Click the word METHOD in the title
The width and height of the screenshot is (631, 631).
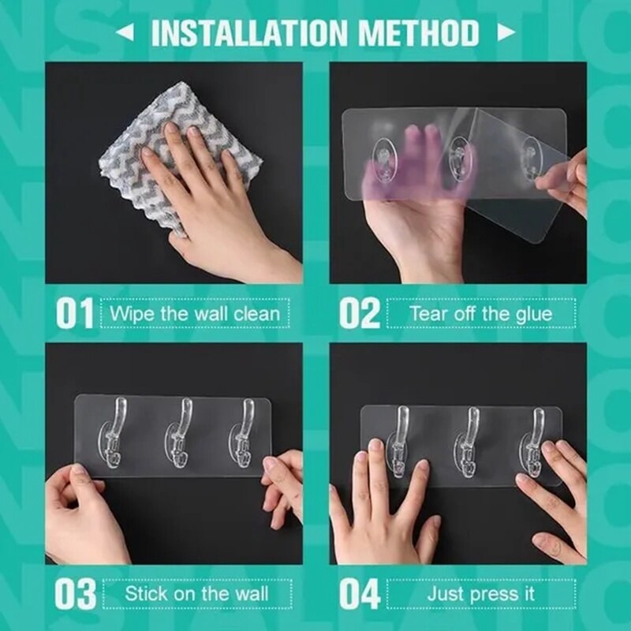click(420, 33)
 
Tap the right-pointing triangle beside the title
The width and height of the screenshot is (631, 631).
click(506, 33)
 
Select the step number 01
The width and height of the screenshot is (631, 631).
click(74, 314)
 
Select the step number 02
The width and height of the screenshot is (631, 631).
click(360, 314)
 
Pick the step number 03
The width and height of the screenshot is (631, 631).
click(74, 593)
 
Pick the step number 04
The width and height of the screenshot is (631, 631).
click(360, 593)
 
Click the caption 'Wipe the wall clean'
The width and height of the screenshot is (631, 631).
click(194, 314)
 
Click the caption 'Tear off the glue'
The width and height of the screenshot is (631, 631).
click(480, 314)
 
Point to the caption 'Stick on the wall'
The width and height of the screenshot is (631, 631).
click(196, 593)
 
